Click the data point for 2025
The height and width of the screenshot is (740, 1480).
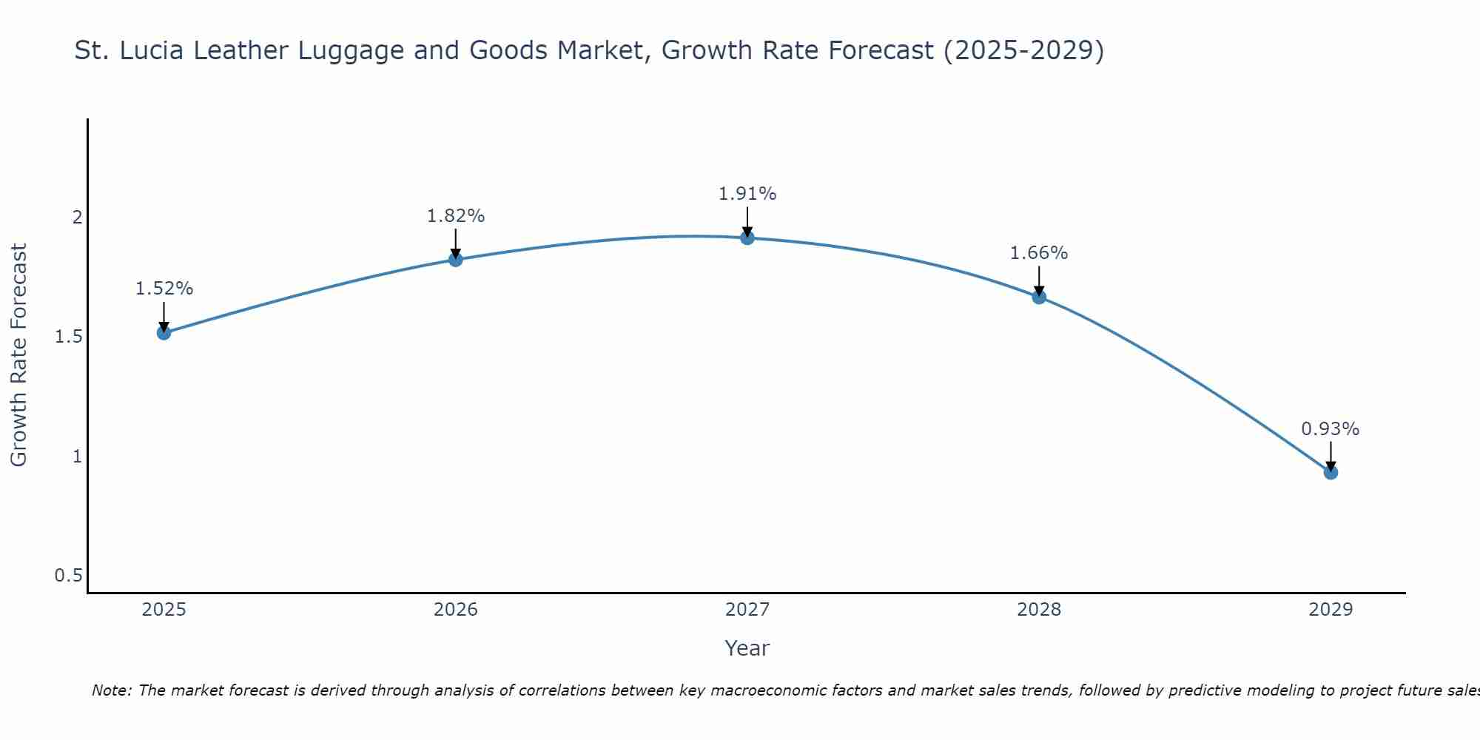pos(164,333)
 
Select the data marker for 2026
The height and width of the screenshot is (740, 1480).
pos(455,260)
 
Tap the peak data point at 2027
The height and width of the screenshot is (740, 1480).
pos(747,238)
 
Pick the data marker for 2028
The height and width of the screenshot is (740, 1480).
pos(1039,297)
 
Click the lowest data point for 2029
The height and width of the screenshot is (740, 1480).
pos(1331,472)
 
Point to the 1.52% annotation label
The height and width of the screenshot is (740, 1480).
pos(164,289)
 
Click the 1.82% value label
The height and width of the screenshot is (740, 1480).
pos(455,216)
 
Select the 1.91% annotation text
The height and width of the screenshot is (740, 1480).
pos(747,194)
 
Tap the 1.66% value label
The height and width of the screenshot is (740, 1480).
pos(1039,253)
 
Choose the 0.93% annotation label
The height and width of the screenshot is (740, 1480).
pos(1331,429)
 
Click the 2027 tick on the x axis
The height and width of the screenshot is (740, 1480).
pos(747,610)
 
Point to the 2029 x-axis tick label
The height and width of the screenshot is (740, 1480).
pos(1331,610)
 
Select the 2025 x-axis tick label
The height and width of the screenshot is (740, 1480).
pos(164,610)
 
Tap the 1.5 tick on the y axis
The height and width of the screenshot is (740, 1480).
pos(68,337)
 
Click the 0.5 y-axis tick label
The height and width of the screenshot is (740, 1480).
pos(68,576)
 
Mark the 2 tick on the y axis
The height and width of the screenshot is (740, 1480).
pos(76,218)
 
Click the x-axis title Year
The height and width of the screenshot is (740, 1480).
pos(747,648)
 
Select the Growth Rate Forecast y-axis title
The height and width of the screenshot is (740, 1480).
pos(19,355)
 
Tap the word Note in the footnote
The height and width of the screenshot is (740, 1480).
pos(111,690)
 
